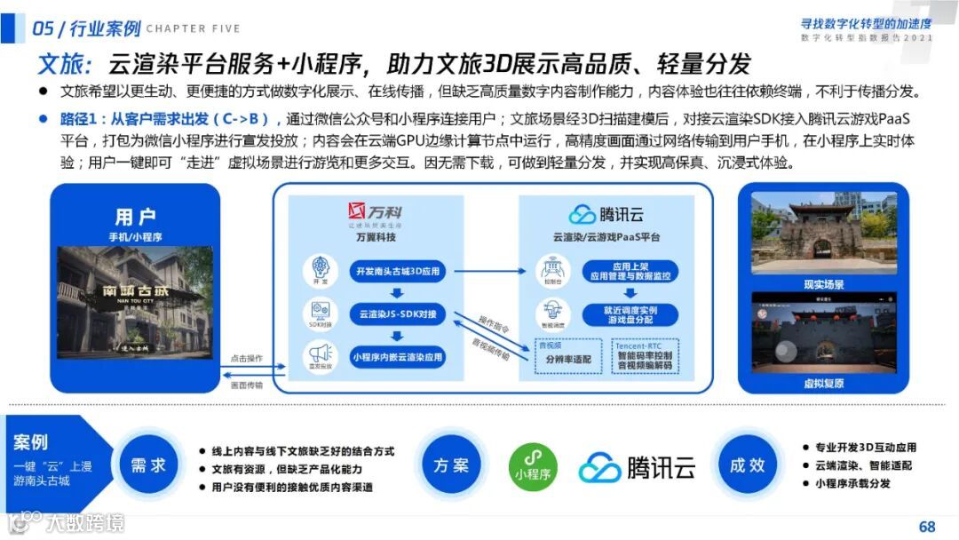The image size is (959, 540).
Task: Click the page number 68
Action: (927, 526)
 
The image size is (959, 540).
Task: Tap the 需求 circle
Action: (148, 465)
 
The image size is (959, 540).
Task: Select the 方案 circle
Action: (451, 465)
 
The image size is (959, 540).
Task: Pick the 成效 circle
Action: (747, 465)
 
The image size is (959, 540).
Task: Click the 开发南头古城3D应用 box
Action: (396, 270)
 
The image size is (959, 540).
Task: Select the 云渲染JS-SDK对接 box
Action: (396, 314)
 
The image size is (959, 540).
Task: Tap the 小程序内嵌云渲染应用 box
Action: (396, 357)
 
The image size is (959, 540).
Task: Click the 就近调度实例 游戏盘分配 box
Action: (630, 314)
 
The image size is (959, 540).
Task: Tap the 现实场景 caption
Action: (823, 285)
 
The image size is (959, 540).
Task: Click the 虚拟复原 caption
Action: (823, 384)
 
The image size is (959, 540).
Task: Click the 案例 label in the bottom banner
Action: (31, 442)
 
